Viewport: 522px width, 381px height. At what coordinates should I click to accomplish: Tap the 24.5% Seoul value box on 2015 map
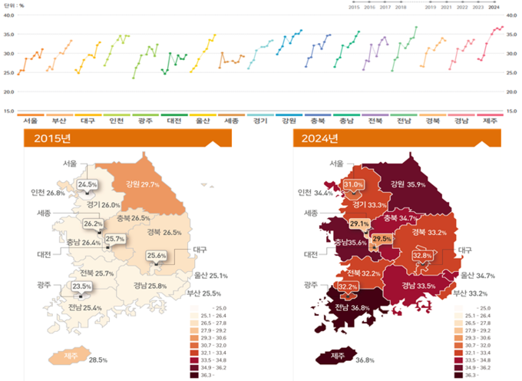coord(88,185)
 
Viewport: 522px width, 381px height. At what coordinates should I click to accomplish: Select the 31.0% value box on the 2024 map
coord(353,185)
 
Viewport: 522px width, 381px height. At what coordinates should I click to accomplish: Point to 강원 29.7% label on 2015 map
coord(140,184)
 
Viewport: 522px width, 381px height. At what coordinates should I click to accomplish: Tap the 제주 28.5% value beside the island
coord(97,359)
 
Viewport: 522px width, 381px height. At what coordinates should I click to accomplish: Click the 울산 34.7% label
coord(478,275)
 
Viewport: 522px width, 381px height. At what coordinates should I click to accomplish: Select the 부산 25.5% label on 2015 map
coord(204,293)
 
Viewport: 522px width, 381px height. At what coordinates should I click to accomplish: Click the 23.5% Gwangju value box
coord(81,287)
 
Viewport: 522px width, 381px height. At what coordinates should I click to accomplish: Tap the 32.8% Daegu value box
coord(422,255)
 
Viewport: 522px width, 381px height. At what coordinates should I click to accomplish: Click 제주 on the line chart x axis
coord(491,121)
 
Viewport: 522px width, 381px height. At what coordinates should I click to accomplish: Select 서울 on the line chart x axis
coord(31,121)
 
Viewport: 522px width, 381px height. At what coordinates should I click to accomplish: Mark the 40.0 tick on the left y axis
coord(9,15)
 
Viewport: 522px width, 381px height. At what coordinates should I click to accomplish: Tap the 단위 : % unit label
coord(15,3)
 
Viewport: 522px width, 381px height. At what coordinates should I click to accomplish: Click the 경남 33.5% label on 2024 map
coord(416,286)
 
